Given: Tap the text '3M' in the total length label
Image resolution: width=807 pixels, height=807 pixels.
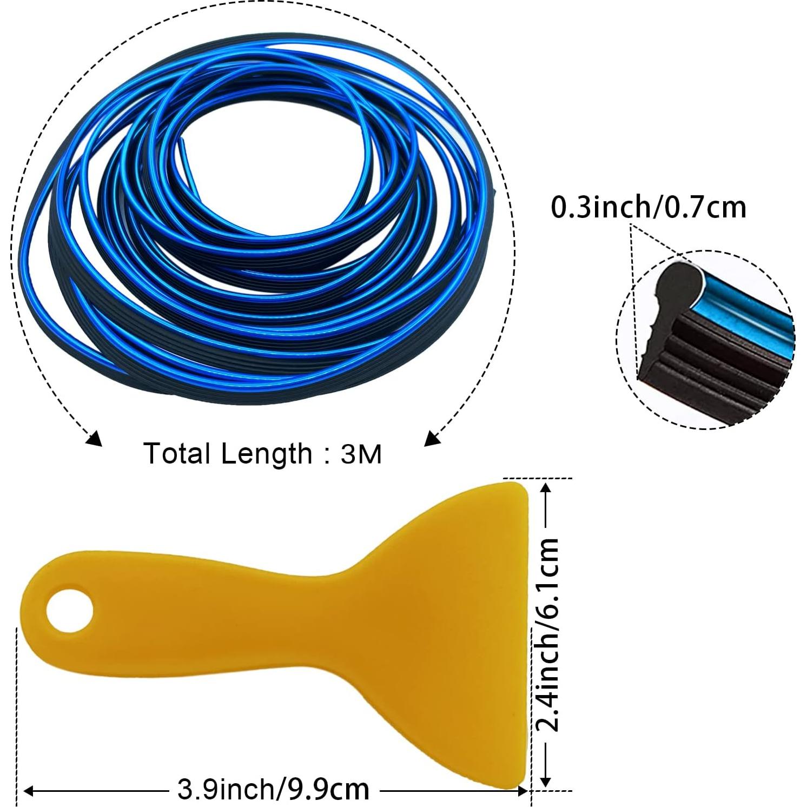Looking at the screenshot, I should tap(361, 454).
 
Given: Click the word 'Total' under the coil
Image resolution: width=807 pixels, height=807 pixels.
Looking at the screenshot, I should tap(177, 453).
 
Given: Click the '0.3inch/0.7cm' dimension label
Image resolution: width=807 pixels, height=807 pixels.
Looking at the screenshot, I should tap(648, 208).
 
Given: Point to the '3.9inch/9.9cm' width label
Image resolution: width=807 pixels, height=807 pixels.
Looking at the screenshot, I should tap(273, 790).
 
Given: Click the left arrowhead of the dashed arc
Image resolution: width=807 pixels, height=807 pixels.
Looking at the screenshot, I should tap(95, 439).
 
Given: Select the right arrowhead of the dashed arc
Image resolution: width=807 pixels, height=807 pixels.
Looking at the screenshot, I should tap(432, 438).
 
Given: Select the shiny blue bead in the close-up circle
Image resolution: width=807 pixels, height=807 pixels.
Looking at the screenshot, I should tap(746, 303).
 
